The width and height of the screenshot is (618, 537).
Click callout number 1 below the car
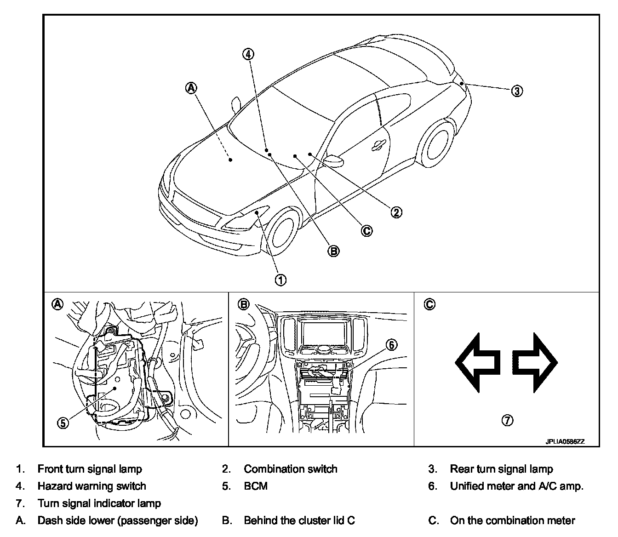pyautogui.click(x=280, y=279)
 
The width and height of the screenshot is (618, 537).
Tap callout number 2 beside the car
pyautogui.click(x=396, y=212)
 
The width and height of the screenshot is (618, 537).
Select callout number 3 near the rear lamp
pyautogui.click(x=517, y=91)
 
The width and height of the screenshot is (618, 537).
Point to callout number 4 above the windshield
pyautogui.click(x=248, y=54)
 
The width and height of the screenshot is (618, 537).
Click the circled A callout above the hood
pyautogui.click(x=192, y=87)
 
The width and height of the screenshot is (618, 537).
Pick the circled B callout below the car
pyautogui.click(x=333, y=251)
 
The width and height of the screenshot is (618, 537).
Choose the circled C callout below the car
pyautogui.click(x=366, y=230)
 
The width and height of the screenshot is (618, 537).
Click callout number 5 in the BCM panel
pyautogui.click(x=63, y=423)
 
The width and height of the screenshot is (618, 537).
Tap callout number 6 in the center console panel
pyautogui.click(x=391, y=344)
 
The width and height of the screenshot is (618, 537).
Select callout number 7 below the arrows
pyautogui.click(x=507, y=420)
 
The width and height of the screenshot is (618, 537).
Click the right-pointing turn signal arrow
pyautogui.click(x=535, y=362)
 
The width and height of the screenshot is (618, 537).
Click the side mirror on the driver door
pyautogui.click(x=334, y=160)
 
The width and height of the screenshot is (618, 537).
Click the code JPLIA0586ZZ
pyautogui.click(x=565, y=442)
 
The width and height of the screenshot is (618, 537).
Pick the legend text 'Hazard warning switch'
pyautogui.click(x=92, y=486)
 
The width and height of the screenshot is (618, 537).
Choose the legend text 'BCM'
pyautogui.click(x=256, y=486)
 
